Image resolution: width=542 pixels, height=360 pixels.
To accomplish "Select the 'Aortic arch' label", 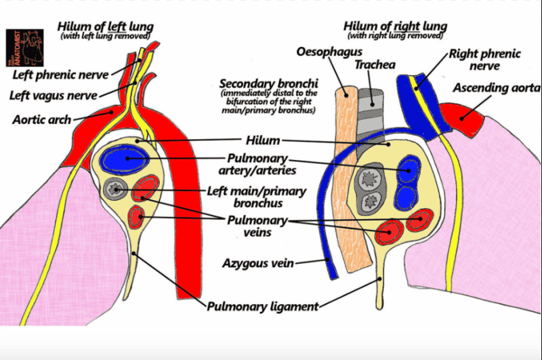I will point(41,119).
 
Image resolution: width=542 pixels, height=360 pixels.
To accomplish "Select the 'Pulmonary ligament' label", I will point(263,306).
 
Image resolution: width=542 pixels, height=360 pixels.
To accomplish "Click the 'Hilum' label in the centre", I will point(264,140).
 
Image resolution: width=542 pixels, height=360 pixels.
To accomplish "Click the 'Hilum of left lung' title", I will point(106,26).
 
